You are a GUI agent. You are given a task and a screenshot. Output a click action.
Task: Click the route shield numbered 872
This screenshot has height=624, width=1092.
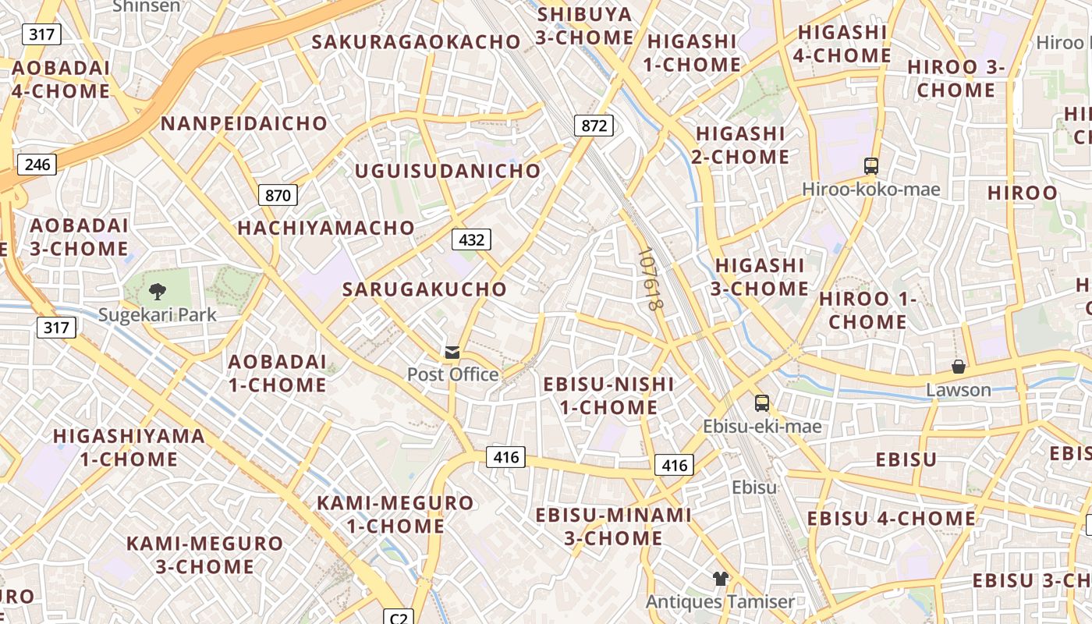point(594,126)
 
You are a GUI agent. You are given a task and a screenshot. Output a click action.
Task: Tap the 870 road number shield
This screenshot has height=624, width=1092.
point(278,195)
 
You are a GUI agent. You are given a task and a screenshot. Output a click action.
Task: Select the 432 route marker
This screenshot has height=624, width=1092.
point(471,239)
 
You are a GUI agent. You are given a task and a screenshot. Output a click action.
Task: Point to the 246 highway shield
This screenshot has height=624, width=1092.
point(37,164)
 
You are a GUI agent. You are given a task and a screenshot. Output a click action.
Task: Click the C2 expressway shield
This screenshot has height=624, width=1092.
point(399,618)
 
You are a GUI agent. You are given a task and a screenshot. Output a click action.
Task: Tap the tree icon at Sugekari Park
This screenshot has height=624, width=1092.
point(158,292)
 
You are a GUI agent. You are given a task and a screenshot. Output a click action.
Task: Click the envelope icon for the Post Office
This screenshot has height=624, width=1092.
point(452,353)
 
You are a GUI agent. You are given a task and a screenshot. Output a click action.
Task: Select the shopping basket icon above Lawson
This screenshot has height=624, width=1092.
point(959,367)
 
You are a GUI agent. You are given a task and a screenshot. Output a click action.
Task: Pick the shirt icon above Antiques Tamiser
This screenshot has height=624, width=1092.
point(720,579)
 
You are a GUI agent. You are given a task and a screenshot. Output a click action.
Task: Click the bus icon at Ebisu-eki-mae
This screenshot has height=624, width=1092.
point(762,403)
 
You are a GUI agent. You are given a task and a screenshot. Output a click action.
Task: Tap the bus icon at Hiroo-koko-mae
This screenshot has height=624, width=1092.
point(871,166)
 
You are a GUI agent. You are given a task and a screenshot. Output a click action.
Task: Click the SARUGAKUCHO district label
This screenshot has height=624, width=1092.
point(424,289)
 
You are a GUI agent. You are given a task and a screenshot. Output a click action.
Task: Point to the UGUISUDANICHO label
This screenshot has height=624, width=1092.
point(448,171)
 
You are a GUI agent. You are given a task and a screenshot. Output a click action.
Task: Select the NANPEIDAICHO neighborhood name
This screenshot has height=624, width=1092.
point(244,123)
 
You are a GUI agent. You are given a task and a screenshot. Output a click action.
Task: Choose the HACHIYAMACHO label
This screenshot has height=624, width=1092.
point(326,228)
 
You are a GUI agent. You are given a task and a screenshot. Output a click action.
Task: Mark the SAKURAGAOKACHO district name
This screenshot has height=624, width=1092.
point(416,42)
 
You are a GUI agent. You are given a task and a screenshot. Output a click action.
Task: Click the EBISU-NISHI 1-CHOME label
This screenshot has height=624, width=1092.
point(608,395)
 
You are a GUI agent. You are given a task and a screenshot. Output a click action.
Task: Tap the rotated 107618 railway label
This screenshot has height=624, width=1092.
point(649,279)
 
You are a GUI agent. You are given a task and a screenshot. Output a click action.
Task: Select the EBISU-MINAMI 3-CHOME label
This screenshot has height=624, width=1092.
point(613,526)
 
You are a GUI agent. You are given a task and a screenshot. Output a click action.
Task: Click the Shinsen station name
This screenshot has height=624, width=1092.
point(146,6)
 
